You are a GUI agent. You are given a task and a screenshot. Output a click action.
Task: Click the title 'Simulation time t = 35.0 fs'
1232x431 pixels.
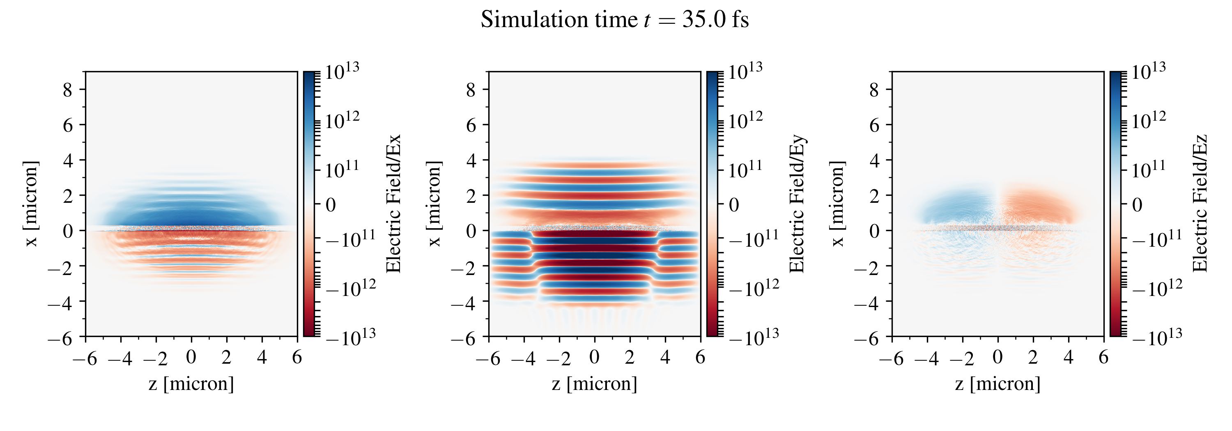(x=615, y=20)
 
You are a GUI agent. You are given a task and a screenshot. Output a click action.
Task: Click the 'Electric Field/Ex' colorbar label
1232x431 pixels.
(x=393, y=204)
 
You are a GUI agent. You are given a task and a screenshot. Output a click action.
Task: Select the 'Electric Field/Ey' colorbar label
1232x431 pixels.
(x=797, y=204)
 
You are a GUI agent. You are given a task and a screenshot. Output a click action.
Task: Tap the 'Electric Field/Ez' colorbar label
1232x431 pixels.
(x=1200, y=204)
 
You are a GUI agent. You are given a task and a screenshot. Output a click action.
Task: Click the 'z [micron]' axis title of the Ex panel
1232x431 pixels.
(x=191, y=384)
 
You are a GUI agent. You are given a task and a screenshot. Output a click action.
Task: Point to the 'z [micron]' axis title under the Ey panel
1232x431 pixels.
(x=595, y=384)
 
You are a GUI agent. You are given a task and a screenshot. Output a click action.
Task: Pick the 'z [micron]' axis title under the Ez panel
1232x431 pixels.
(x=998, y=384)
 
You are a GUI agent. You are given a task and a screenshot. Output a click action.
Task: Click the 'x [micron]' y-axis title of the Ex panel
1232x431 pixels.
(x=31, y=204)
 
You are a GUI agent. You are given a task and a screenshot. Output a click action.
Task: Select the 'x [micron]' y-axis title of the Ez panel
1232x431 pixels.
(x=837, y=204)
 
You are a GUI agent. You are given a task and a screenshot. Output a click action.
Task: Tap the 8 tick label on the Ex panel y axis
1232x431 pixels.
(x=67, y=89)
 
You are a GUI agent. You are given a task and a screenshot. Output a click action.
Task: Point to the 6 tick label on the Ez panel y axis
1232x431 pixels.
(x=874, y=125)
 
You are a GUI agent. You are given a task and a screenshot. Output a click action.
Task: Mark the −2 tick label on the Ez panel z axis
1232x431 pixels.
(x=962, y=358)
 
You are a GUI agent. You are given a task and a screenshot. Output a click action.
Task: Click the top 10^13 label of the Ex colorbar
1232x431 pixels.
(x=342, y=72)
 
